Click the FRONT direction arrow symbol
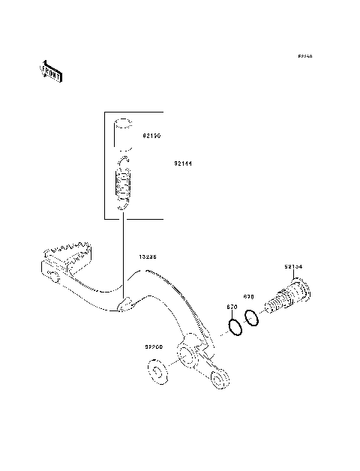(50, 71)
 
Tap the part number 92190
(152, 137)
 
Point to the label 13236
(147, 256)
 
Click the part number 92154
(293, 267)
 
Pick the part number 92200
(154, 347)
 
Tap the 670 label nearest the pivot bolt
(250, 297)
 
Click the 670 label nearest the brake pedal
(232, 307)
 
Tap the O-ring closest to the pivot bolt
(252, 318)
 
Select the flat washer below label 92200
(157, 372)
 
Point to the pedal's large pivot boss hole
(187, 352)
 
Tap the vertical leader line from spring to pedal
(121, 255)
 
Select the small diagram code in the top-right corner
(304, 56)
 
